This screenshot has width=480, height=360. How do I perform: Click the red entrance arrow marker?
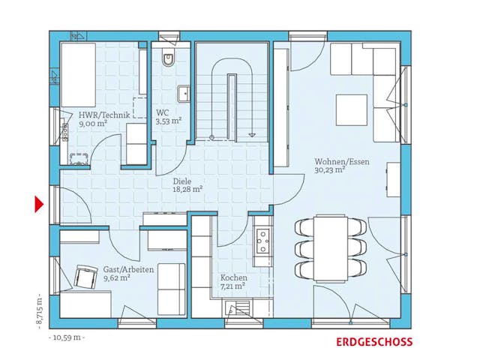(38, 203)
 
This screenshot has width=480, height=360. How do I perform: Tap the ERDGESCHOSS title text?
(373, 342)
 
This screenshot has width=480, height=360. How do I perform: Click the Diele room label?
(182, 180)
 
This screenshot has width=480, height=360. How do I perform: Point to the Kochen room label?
(233, 277)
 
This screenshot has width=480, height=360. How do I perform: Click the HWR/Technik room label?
(104, 115)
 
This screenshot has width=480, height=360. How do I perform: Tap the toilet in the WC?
(166, 61)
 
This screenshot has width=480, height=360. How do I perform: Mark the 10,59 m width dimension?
(67, 337)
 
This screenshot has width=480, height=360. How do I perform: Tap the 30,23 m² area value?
(330, 169)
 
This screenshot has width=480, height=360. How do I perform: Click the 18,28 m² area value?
(187, 189)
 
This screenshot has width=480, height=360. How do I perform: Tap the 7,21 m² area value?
(233, 286)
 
